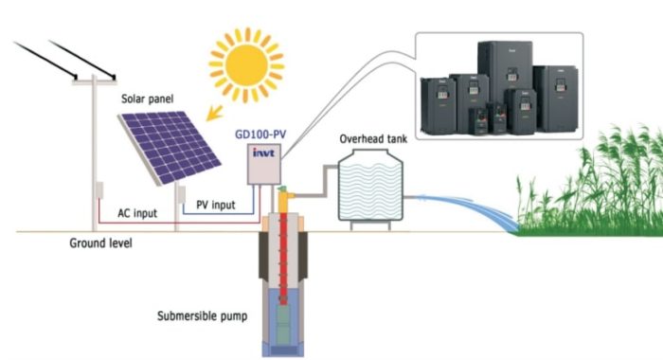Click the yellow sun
coord(245,61)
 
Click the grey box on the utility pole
coord(97,190)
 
